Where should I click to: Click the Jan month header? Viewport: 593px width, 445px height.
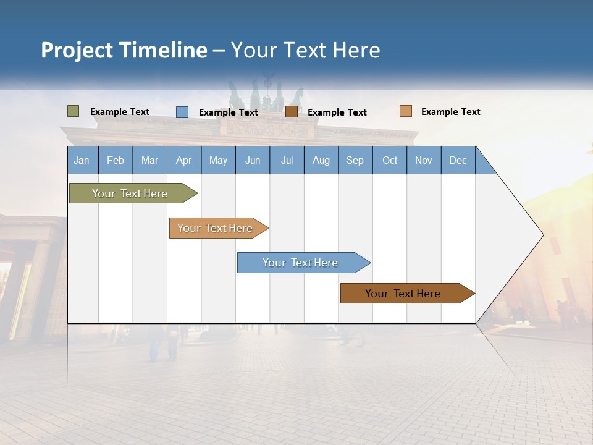point(82,160)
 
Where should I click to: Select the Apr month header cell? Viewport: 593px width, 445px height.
point(184,160)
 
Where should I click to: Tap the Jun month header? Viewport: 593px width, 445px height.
point(253,160)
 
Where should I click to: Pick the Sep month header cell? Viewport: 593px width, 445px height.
point(355,160)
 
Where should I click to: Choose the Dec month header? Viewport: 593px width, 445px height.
point(458,160)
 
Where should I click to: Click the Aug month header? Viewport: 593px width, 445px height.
point(321,160)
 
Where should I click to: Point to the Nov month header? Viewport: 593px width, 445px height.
point(424,160)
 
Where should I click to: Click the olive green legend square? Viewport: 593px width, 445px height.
point(74,111)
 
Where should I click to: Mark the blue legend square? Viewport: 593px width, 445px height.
point(182,112)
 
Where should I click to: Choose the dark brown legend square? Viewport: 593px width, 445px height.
point(292,112)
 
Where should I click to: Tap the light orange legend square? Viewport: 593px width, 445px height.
point(405,111)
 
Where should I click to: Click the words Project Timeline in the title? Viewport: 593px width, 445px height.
point(124,50)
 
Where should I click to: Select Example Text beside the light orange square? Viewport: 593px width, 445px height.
point(450,112)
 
